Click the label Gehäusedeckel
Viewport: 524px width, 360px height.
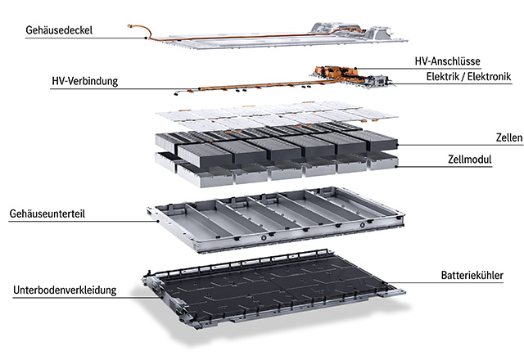click(58, 30)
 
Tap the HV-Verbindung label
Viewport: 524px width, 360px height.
click(85, 81)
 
